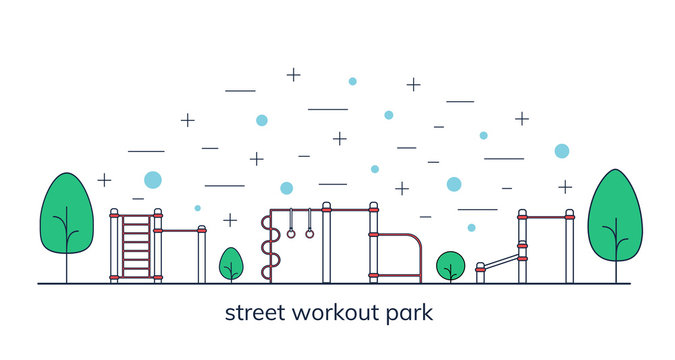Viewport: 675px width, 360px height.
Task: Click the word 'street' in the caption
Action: [253, 313]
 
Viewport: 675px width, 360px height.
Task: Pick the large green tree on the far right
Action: [614, 213]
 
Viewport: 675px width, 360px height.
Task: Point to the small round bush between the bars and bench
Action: [450, 265]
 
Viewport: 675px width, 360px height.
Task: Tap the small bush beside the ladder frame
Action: [231, 263]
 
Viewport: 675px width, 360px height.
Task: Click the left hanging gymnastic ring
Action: [291, 233]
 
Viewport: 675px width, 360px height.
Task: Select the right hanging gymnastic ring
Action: [309, 233]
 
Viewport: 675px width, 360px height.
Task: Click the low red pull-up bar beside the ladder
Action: [180, 231]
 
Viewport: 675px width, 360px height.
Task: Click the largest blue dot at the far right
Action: [561, 151]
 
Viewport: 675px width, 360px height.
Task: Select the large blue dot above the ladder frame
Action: [152, 180]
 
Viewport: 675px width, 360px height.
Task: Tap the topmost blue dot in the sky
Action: [352, 81]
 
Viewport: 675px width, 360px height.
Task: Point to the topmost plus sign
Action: [293, 74]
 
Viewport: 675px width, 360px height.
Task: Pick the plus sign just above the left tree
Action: [104, 180]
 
